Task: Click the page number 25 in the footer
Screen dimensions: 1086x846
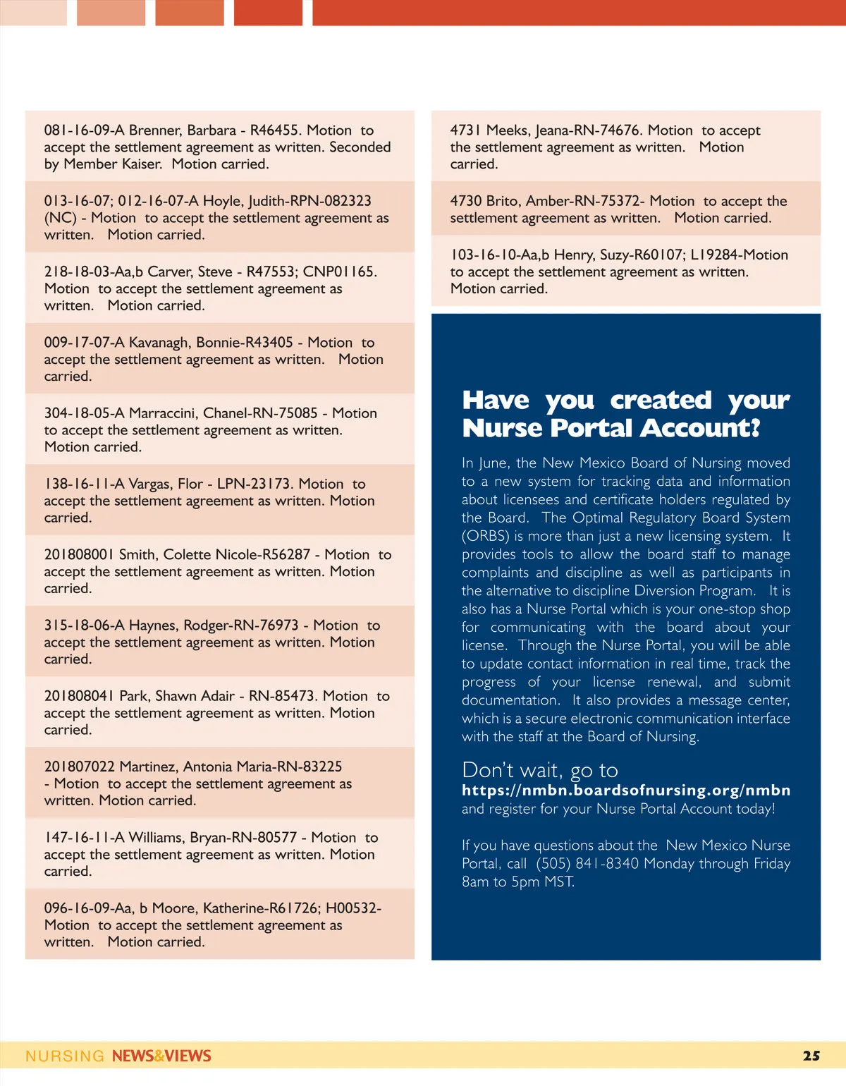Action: [811, 1056]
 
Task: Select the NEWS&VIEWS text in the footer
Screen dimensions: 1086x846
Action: [161, 1056]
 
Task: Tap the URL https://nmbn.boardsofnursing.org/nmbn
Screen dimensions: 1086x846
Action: [626, 790]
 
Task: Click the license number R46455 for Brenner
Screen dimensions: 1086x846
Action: [275, 130]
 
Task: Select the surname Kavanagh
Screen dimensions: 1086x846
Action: [159, 343]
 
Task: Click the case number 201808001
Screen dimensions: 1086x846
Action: [78, 555]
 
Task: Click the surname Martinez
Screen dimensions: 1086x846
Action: [154, 767]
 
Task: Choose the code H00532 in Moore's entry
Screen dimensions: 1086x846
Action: [352, 908]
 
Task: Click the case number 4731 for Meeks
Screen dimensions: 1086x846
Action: [465, 130]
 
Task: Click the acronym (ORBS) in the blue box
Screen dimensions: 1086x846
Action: [485, 536]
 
